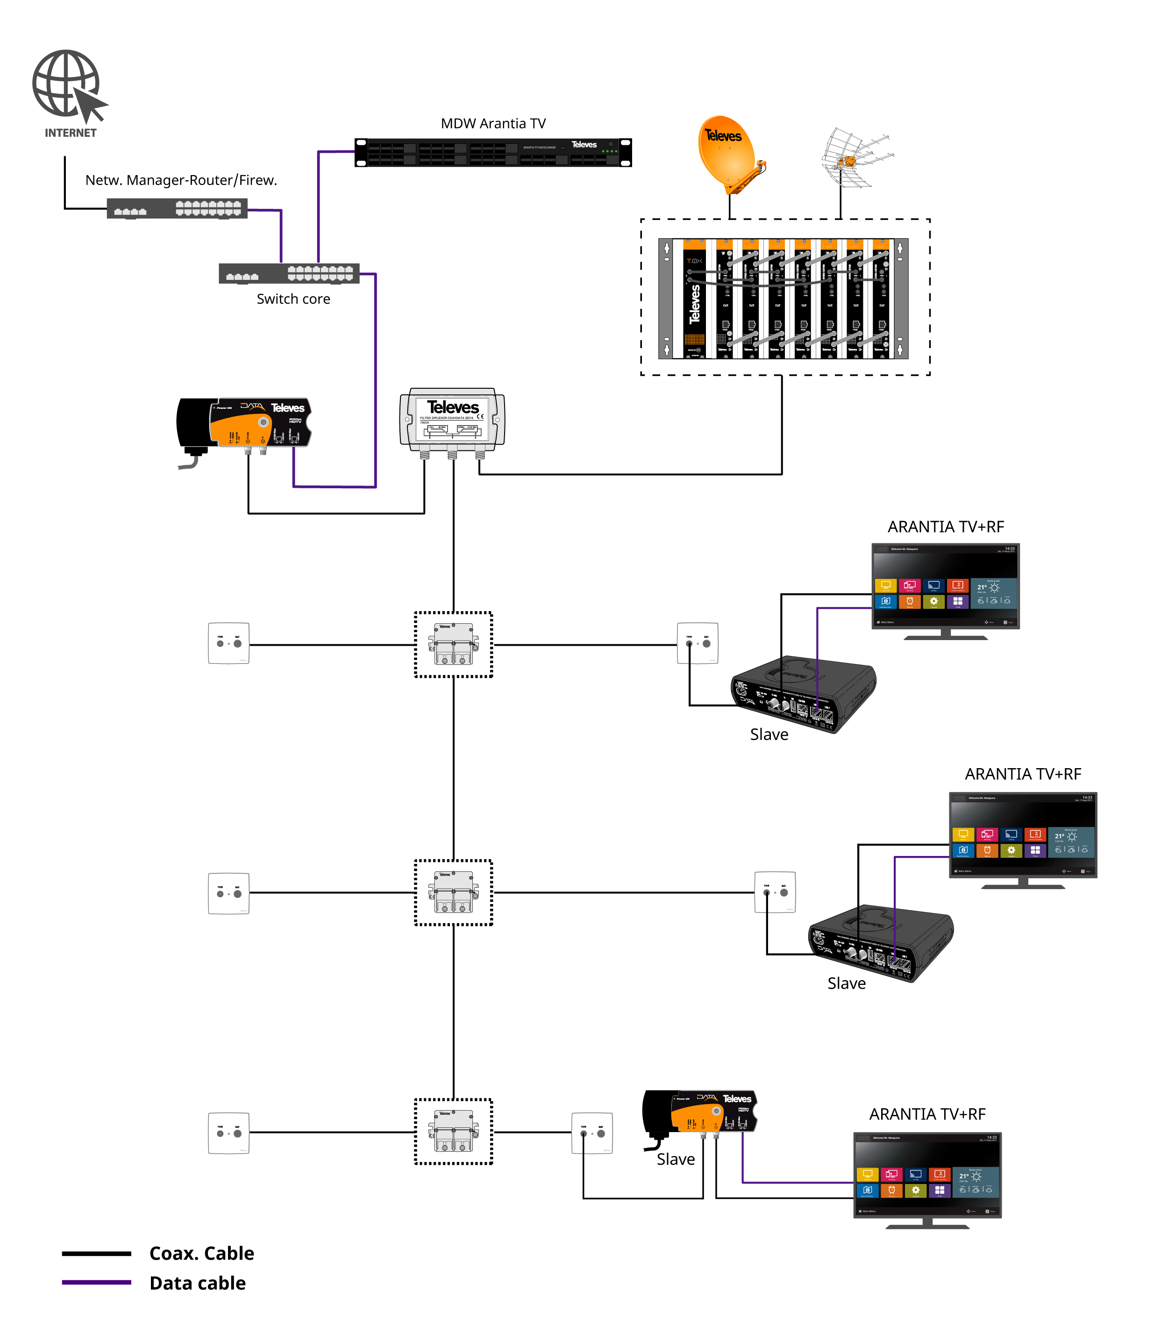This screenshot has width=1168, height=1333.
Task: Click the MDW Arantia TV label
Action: [493, 123]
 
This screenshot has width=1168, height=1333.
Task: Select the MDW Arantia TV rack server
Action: [493, 152]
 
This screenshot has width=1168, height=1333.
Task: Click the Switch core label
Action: [293, 299]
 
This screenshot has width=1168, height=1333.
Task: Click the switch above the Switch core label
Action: [289, 273]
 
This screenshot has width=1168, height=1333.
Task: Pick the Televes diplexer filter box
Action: [452, 420]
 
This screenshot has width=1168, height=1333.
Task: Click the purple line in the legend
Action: [96, 1282]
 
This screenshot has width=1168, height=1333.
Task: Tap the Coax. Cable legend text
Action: [201, 1253]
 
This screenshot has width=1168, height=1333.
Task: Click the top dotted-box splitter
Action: [454, 644]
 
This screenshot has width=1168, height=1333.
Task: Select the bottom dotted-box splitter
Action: [454, 1132]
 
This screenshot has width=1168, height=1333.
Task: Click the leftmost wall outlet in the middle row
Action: [228, 893]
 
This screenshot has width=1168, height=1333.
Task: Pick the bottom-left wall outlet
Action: [228, 1133]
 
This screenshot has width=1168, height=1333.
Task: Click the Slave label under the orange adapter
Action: [675, 1159]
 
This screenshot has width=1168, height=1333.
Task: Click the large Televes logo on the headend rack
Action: [695, 304]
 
